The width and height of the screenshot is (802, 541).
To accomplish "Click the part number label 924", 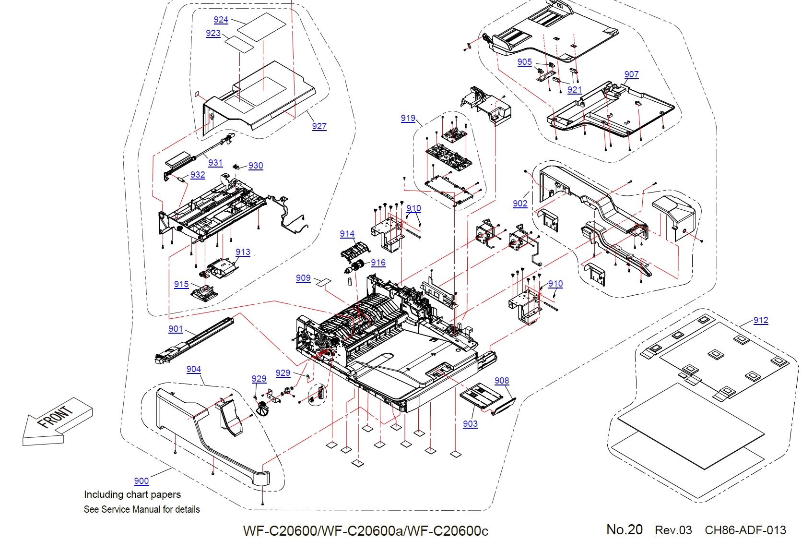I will point(221,20).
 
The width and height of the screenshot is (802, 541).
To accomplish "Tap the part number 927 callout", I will point(319,126).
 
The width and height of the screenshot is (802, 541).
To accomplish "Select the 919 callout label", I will point(408,118).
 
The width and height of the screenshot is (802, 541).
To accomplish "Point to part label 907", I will point(631,74).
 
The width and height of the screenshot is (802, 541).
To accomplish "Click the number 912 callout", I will point(760,320).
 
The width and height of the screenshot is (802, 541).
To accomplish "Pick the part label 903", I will point(470,424).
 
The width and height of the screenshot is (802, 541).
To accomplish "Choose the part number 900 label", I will point(141,481).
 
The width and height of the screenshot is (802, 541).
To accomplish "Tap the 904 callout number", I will point(193,369).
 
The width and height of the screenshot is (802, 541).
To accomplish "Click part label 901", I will point(176,329).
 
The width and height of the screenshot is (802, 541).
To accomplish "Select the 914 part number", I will point(347,234).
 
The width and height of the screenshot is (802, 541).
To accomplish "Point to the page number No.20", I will point(624,529).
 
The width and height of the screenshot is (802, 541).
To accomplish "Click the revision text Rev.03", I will point(673,530).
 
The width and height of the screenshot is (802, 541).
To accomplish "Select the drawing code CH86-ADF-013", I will point(745,530).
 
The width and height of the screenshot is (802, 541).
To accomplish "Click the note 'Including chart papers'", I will point(132,494).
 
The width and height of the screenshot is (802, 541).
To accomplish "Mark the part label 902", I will point(519,204).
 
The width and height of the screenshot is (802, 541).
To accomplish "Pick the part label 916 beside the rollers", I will point(378,263).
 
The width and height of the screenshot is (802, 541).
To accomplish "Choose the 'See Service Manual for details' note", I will point(142,509).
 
